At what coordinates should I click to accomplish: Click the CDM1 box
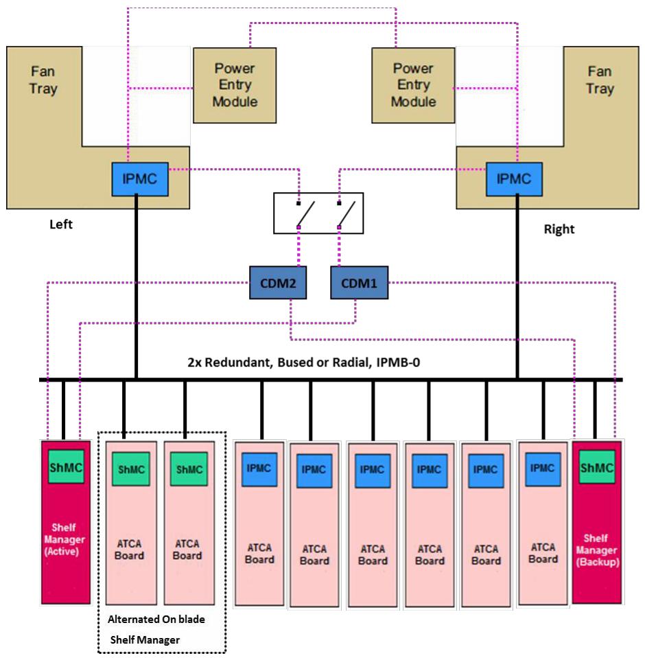360,283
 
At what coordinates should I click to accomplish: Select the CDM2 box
278,283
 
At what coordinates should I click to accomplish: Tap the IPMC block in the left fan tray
140,179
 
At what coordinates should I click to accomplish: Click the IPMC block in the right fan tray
514,179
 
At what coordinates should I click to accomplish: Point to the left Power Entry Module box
235,85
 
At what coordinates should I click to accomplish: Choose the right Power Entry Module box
413,85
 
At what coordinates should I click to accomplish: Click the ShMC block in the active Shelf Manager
66,467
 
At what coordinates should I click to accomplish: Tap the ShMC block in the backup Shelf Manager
597,467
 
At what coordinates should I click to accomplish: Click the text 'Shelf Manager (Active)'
64,539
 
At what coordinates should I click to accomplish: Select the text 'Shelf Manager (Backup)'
597,550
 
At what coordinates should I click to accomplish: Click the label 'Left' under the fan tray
61,224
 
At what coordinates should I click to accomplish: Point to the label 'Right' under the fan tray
559,229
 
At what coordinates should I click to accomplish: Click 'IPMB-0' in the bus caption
398,362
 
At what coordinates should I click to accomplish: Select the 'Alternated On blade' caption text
156,620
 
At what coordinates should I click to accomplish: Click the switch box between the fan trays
318,213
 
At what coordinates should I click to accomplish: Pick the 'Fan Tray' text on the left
43,80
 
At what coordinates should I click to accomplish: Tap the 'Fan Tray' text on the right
600,80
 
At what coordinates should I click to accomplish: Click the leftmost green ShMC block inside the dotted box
131,469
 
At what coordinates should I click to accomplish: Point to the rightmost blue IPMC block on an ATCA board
543,469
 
